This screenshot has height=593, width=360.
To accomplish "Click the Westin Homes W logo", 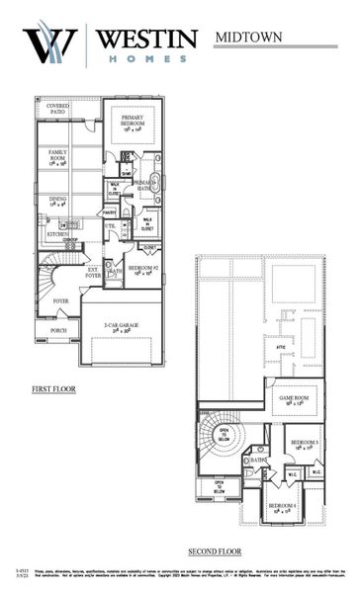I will tap(48, 45).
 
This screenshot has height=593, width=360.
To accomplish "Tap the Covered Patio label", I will tap(51, 108).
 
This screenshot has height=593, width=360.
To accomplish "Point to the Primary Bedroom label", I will tap(134, 122).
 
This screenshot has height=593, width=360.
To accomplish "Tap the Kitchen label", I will tap(45, 233).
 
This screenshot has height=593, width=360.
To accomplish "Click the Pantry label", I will tap(108, 212).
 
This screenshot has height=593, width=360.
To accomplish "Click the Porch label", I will tap(58, 331).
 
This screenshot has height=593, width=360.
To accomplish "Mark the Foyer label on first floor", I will tap(60, 301).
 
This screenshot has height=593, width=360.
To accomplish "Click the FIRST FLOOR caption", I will tap(53, 388).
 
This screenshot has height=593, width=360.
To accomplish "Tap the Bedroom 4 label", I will tap(283, 507).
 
